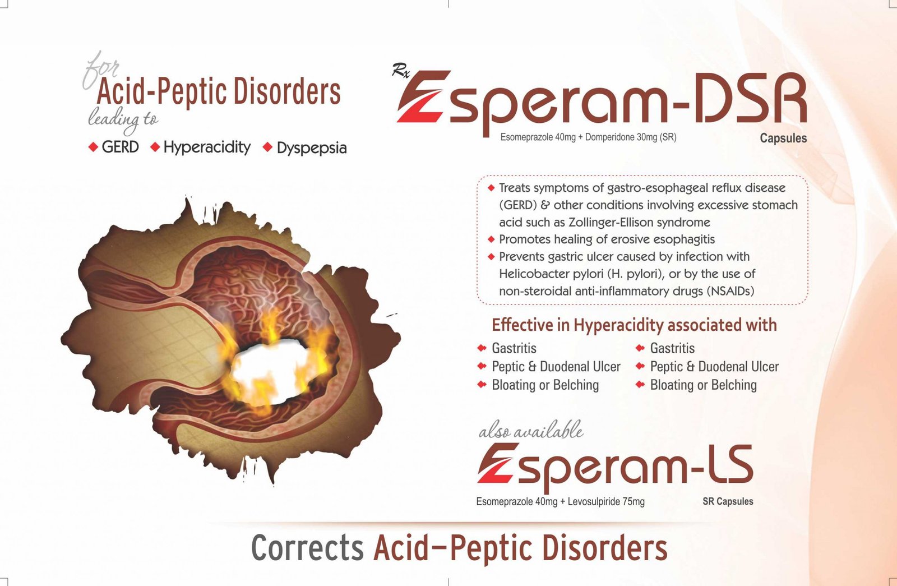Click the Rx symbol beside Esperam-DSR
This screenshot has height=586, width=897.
click(x=400, y=71)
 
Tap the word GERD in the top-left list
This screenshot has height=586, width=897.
click(x=120, y=147)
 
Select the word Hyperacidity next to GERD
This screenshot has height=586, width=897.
click(x=207, y=148)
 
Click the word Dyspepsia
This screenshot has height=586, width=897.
click(x=312, y=149)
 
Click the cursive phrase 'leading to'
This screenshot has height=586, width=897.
click(x=123, y=120)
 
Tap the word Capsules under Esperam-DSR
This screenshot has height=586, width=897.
click(x=783, y=139)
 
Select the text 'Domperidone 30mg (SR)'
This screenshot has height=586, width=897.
click(x=631, y=137)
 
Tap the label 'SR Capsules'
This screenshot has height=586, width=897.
click(x=728, y=501)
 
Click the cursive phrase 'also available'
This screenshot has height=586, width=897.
click(x=531, y=430)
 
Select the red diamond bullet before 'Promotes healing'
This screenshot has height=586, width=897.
click(x=491, y=239)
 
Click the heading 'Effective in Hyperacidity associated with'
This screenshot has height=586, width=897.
click(x=634, y=325)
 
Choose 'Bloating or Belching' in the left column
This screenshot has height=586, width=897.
click(x=545, y=385)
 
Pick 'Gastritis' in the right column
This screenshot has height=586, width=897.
click(x=672, y=348)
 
